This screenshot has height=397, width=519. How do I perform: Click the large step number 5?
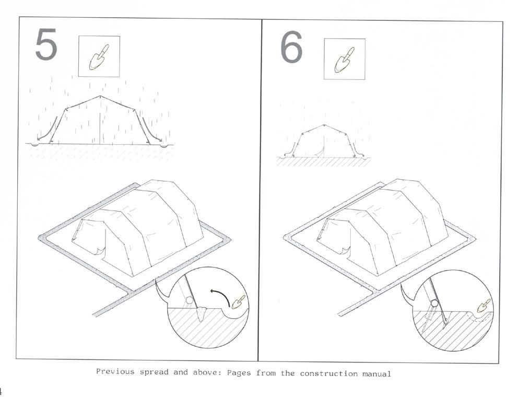[46, 45]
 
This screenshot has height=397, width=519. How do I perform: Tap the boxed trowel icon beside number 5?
[99, 56]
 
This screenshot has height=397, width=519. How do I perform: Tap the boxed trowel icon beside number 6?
[345, 59]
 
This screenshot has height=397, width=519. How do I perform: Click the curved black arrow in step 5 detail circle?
[222, 294]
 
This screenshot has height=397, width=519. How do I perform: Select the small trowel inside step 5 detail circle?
[239, 301]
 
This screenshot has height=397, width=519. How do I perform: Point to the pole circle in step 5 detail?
[190, 300]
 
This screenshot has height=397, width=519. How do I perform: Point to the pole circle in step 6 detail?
[434, 303]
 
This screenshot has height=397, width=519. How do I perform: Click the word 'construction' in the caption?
[328, 373]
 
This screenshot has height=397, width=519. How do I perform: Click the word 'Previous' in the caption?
[115, 371]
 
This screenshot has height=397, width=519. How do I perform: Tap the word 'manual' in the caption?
[376, 374]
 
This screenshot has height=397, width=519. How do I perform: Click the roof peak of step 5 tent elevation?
[100, 96]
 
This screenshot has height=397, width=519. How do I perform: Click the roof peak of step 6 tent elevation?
[324, 125]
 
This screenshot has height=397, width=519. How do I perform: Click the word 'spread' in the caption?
[154, 372]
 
